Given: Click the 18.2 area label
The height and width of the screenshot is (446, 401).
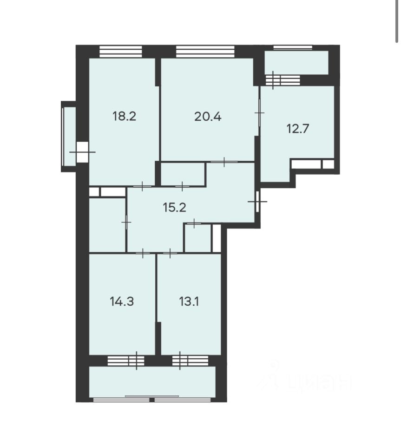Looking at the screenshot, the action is coord(124,116).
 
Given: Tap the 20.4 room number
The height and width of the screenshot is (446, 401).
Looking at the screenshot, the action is coord(208,117).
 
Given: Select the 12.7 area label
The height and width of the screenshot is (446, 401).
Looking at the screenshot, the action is coord(297,129).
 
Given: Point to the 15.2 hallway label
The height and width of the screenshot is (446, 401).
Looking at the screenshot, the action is coord(174,207).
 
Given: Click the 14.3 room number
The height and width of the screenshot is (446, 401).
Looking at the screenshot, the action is coord(122,301).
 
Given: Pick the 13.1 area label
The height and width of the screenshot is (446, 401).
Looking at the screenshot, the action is coord(189,301).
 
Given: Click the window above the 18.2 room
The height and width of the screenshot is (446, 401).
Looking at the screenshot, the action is coord(121,52).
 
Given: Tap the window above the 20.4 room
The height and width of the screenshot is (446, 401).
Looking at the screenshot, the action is coord(205,52).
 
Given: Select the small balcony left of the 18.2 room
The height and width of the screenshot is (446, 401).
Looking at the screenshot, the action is coord(69,136).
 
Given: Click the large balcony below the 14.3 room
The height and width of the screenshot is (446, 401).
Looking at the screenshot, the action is coord(152,382).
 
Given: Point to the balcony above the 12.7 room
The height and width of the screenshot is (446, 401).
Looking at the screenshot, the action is coord(296,63).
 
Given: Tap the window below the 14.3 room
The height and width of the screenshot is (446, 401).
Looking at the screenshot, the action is coord(126,361).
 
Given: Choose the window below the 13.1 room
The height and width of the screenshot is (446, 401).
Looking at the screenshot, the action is coord(191,361).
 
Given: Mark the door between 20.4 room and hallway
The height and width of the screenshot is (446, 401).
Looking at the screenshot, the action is coord(224,162).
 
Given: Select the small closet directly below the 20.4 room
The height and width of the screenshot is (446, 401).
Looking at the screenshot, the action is coord(183,174).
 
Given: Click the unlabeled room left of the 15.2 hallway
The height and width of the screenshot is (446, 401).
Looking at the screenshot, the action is coord(107,225).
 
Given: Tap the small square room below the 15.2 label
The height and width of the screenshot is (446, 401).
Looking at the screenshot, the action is coord(198,238).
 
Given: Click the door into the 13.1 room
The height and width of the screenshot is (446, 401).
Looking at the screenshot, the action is coord(170,253).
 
